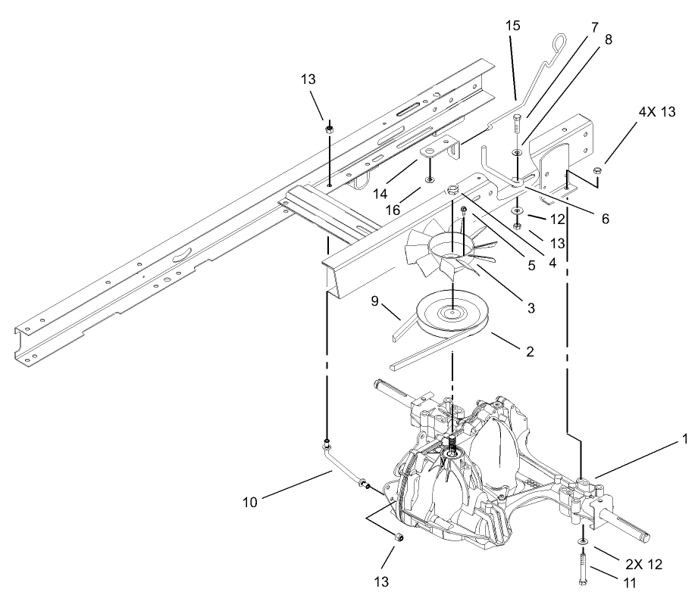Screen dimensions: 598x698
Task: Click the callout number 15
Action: pyautogui.click(x=513, y=25)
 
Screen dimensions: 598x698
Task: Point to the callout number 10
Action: pyautogui.click(x=249, y=500)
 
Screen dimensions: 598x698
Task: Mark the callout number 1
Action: pyautogui.click(x=686, y=438)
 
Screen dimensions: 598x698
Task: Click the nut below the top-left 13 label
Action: pyautogui.click(x=329, y=129)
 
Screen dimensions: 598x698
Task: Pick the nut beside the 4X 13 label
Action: pyautogui.click(x=597, y=169)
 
